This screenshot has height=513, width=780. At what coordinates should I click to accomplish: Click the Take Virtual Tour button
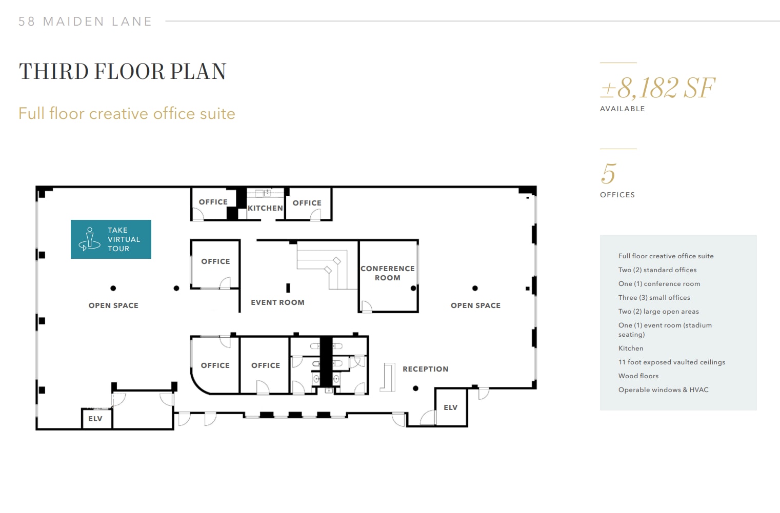click(x=111, y=239)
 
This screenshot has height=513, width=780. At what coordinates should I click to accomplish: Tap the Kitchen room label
click(x=265, y=208)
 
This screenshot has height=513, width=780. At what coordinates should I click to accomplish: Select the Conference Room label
click(x=388, y=273)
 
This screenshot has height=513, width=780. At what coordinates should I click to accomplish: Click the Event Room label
click(x=277, y=302)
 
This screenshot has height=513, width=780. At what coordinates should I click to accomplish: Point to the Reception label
click(x=425, y=369)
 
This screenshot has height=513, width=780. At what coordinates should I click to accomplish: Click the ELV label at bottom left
click(x=95, y=419)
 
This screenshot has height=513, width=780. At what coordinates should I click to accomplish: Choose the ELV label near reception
click(x=450, y=407)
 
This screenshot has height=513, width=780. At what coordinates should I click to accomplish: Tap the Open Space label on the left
click(x=113, y=305)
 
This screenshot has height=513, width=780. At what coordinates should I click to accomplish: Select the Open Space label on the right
click(x=475, y=305)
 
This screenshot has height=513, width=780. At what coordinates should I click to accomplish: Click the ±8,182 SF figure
click(x=658, y=88)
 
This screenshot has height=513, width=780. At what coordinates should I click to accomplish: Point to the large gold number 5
click(x=608, y=174)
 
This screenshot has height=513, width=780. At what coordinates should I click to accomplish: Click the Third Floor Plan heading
click(x=123, y=72)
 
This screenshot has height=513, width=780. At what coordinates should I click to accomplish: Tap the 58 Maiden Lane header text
click(x=85, y=22)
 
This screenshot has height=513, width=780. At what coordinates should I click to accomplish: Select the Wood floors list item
click(x=638, y=376)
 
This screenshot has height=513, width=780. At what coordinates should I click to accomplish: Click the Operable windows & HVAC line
click(x=663, y=389)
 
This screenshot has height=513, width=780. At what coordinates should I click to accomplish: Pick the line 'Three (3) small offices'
click(x=654, y=297)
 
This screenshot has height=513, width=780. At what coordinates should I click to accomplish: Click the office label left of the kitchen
click(x=213, y=202)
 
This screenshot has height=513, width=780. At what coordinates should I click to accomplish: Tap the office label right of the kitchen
click(x=307, y=203)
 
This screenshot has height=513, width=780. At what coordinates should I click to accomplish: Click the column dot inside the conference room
click(x=413, y=289)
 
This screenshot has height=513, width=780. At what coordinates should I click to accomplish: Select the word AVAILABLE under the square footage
click(x=622, y=109)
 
